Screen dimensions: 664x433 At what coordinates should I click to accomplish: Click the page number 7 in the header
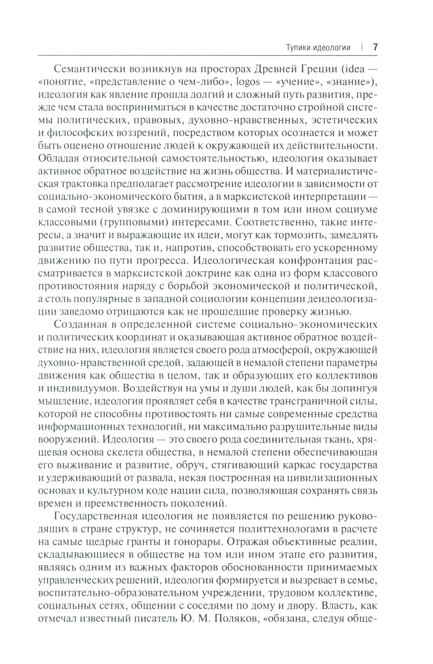pyautogui.click(x=375, y=47)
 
